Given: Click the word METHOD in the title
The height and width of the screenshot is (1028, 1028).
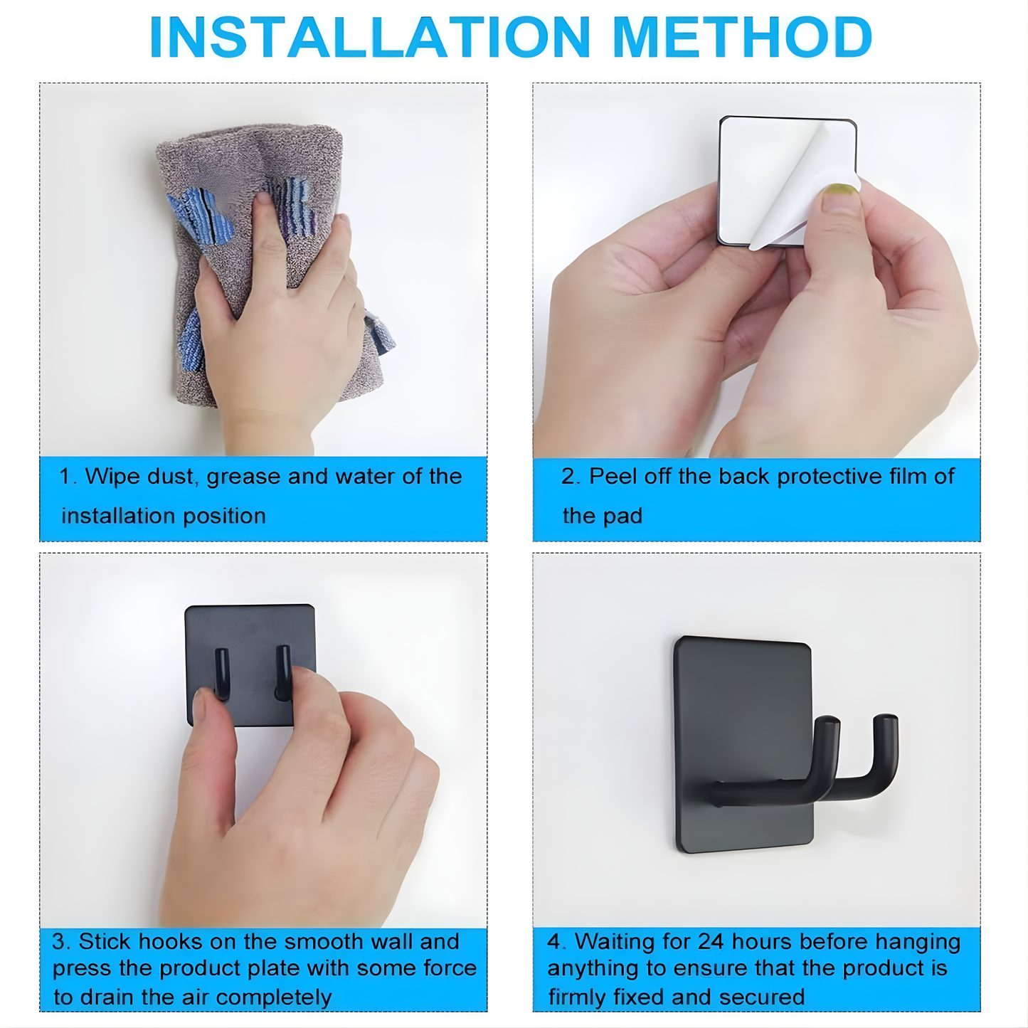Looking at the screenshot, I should click(741, 37).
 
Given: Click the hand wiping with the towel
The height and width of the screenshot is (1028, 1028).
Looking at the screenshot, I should click(285, 320).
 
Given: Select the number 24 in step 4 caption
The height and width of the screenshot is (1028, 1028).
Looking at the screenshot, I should click(711, 942).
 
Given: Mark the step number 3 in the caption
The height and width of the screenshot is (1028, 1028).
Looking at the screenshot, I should click(60, 942).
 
